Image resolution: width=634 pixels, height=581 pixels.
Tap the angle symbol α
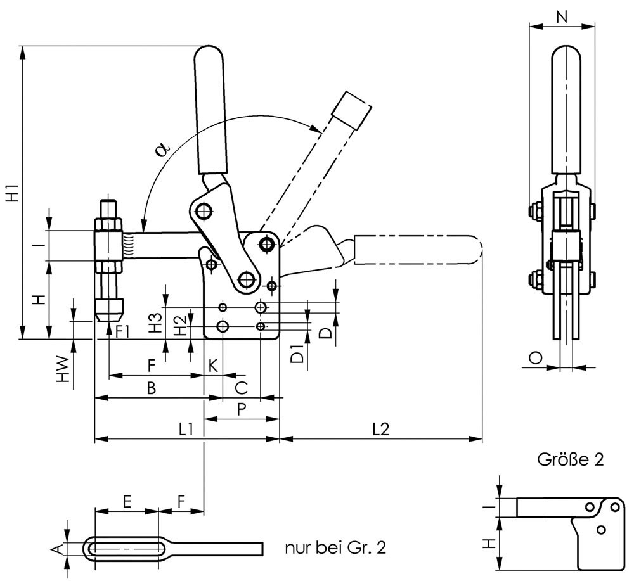(162, 150)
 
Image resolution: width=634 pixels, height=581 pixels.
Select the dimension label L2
(380, 430)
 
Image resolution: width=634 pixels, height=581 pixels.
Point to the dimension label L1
(185, 430)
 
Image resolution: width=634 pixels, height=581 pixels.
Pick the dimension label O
(535, 359)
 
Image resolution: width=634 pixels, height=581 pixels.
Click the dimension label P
(242, 409)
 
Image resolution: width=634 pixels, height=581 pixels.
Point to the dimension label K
(213, 366)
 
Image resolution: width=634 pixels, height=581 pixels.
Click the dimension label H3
(155, 322)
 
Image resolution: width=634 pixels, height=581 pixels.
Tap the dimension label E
(127, 502)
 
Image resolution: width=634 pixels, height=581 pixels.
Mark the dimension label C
(241, 386)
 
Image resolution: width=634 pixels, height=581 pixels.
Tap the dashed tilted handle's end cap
(353, 110)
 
